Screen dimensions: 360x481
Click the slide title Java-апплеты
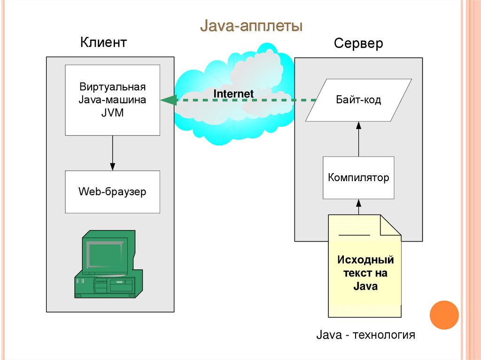[x=251, y=25]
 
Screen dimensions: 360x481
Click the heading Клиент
[x=103, y=43]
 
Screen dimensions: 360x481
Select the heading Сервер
[x=358, y=44]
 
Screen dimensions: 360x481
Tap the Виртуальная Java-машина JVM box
[x=112, y=100]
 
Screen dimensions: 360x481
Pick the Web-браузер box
[x=112, y=191]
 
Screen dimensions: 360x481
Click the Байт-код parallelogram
[x=358, y=100]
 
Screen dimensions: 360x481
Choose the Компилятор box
[x=358, y=178]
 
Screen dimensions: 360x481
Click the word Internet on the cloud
[x=233, y=94]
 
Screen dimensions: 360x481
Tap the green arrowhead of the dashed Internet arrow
[x=168, y=100]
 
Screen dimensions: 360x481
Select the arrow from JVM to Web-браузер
[x=112, y=153]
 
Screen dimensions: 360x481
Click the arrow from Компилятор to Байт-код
[x=358, y=139]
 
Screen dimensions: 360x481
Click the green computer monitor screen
[x=104, y=254]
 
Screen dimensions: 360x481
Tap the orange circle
[x=444, y=314]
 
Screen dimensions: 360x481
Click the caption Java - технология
[x=366, y=335]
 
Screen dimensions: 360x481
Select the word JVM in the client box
[x=112, y=113]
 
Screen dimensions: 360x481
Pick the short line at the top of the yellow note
[x=355, y=233]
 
